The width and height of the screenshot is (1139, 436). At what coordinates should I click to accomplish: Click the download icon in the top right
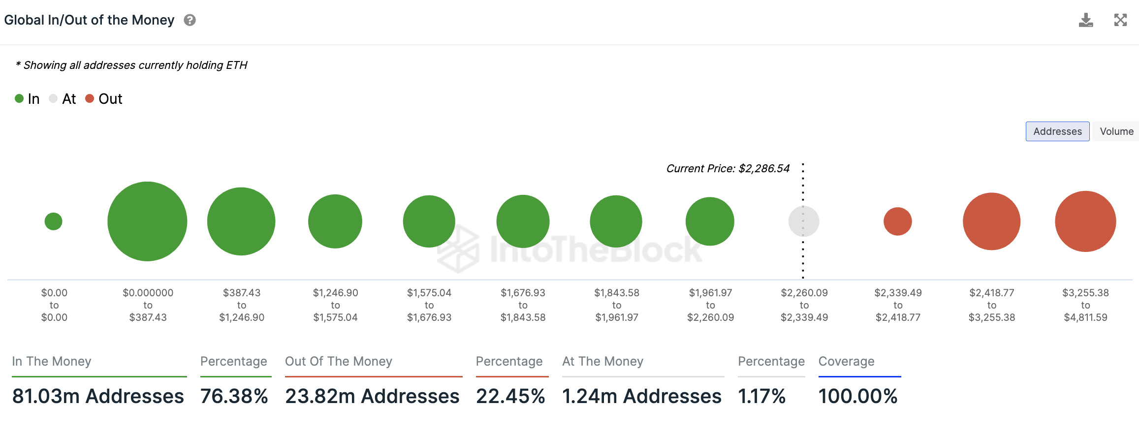point(1085,20)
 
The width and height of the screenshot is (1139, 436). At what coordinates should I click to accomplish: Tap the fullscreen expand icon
point(1120,20)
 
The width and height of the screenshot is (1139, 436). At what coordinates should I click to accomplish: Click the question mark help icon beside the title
point(190,20)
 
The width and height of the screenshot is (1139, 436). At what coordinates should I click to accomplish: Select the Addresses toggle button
point(1057,131)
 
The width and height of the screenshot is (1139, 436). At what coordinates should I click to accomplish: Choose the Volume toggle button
point(1116,131)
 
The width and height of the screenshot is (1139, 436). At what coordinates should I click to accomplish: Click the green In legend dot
point(19,98)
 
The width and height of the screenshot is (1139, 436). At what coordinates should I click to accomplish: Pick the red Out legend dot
point(90,98)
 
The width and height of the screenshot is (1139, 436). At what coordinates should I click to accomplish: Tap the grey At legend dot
point(53,98)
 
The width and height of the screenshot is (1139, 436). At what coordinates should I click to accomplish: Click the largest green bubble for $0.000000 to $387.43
point(147,221)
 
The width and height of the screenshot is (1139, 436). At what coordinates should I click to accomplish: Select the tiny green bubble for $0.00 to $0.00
point(53,221)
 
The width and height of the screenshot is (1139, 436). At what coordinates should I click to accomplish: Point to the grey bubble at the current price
point(804,221)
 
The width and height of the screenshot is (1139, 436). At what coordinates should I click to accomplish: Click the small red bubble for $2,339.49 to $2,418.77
point(898,221)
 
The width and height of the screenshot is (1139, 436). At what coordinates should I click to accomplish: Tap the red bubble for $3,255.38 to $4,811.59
point(1085,221)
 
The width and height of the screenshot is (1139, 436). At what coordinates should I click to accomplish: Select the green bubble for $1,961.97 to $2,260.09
point(710,221)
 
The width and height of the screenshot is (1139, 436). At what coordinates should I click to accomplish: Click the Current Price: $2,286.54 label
point(728,169)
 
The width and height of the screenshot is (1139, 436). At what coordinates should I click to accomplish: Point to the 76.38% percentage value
point(234,396)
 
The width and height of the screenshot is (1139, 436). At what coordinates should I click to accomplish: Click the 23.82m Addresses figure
point(372,396)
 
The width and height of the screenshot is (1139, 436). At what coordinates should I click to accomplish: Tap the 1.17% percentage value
point(761,396)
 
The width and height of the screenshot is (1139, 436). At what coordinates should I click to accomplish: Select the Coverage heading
point(846,361)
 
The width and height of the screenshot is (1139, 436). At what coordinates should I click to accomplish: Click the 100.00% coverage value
point(858,396)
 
